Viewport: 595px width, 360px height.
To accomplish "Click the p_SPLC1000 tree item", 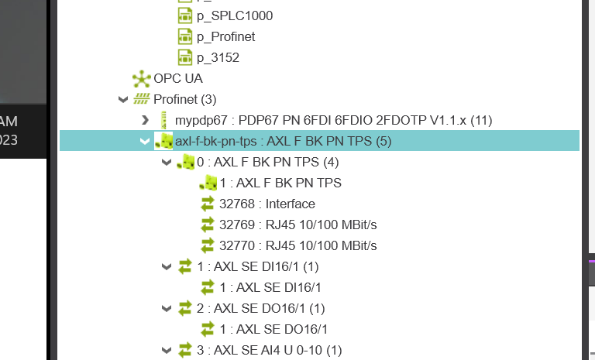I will click(x=234, y=15).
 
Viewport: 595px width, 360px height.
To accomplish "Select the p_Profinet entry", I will click(x=225, y=36).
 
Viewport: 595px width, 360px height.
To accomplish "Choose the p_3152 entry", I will click(x=218, y=57).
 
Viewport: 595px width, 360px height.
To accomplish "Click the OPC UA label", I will click(x=178, y=78).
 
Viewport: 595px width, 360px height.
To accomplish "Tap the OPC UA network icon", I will click(x=141, y=78).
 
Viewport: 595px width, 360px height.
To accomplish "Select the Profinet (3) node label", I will click(x=184, y=99).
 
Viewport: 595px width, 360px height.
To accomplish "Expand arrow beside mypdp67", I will click(x=145, y=120).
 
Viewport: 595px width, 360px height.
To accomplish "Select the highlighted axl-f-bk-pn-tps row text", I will click(x=284, y=141).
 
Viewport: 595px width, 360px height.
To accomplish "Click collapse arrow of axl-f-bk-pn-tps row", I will click(x=144, y=141).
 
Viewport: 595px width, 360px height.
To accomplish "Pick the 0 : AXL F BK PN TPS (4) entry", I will click(x=267, y=162).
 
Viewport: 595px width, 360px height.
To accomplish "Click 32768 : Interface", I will click(x=267, y=204).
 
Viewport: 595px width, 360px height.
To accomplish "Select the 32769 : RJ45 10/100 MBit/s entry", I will click(x=298, y=225).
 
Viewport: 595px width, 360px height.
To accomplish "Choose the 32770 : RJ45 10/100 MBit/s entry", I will click(x=298, y=245).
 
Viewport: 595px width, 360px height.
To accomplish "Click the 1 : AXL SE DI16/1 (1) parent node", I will click(x=257, y=266).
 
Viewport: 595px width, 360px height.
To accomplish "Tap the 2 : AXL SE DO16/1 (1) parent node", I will click(x=259, y=308).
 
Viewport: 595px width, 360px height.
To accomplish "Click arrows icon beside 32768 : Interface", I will click(x=207, y=204).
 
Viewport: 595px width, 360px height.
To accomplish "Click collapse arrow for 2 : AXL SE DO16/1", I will click(x=166, y=308).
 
